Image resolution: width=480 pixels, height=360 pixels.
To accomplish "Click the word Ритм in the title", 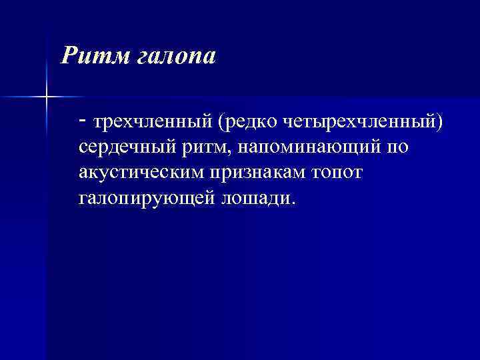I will tap(90, 57).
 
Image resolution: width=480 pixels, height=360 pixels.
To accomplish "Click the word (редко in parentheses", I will tap(246, 122).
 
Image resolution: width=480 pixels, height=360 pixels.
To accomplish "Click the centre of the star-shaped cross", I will tap(46, 97).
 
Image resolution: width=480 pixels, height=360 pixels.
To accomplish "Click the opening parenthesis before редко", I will tap(218, 122).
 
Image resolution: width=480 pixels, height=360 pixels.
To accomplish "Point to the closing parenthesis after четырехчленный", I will tap(439, 122).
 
